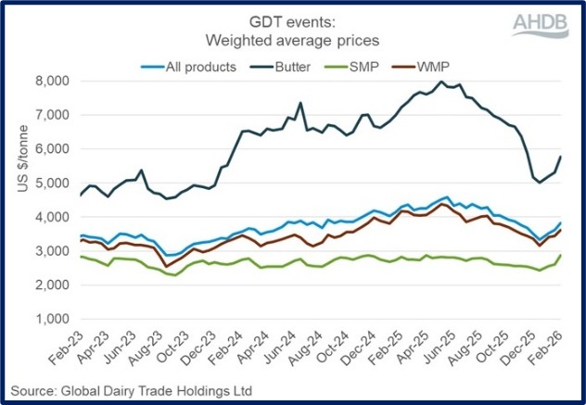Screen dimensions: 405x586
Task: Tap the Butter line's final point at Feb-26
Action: (x=560, y=156)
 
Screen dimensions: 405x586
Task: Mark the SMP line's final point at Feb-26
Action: (x=560, y=254)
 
